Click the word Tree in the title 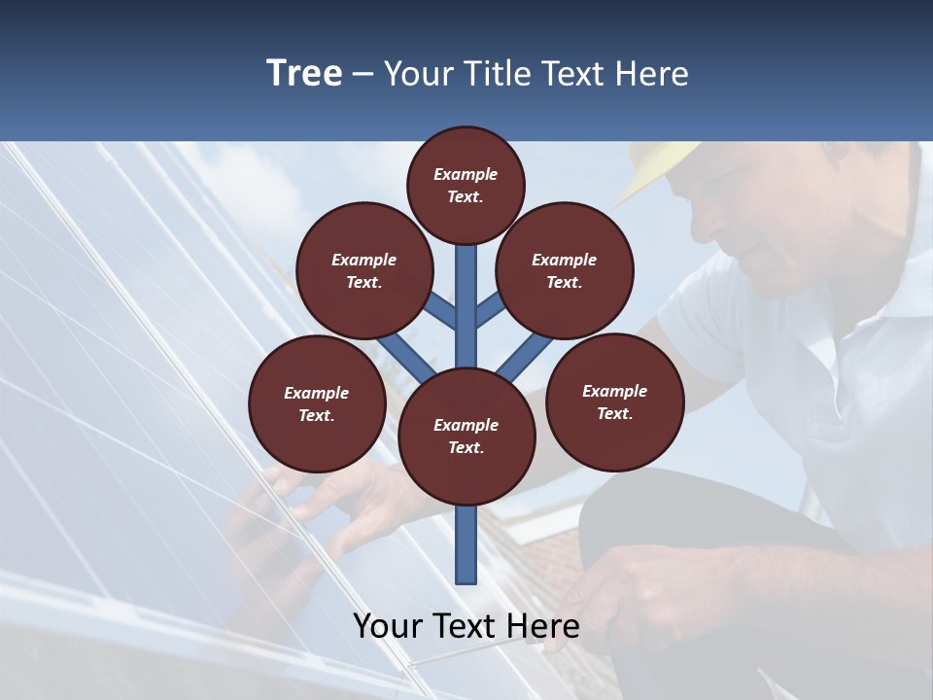coord(304,73)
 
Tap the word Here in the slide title coord(652,73)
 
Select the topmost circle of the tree coord(466,185)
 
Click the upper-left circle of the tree coord(363,271)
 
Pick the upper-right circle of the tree coord(565,271)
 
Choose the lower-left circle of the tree coord(317,403)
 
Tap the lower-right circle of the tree coord(614,401)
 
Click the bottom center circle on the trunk coord(466,437)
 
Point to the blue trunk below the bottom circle coord(466,544)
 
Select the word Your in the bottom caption coord(387,625)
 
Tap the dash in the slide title coord(363,75)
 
